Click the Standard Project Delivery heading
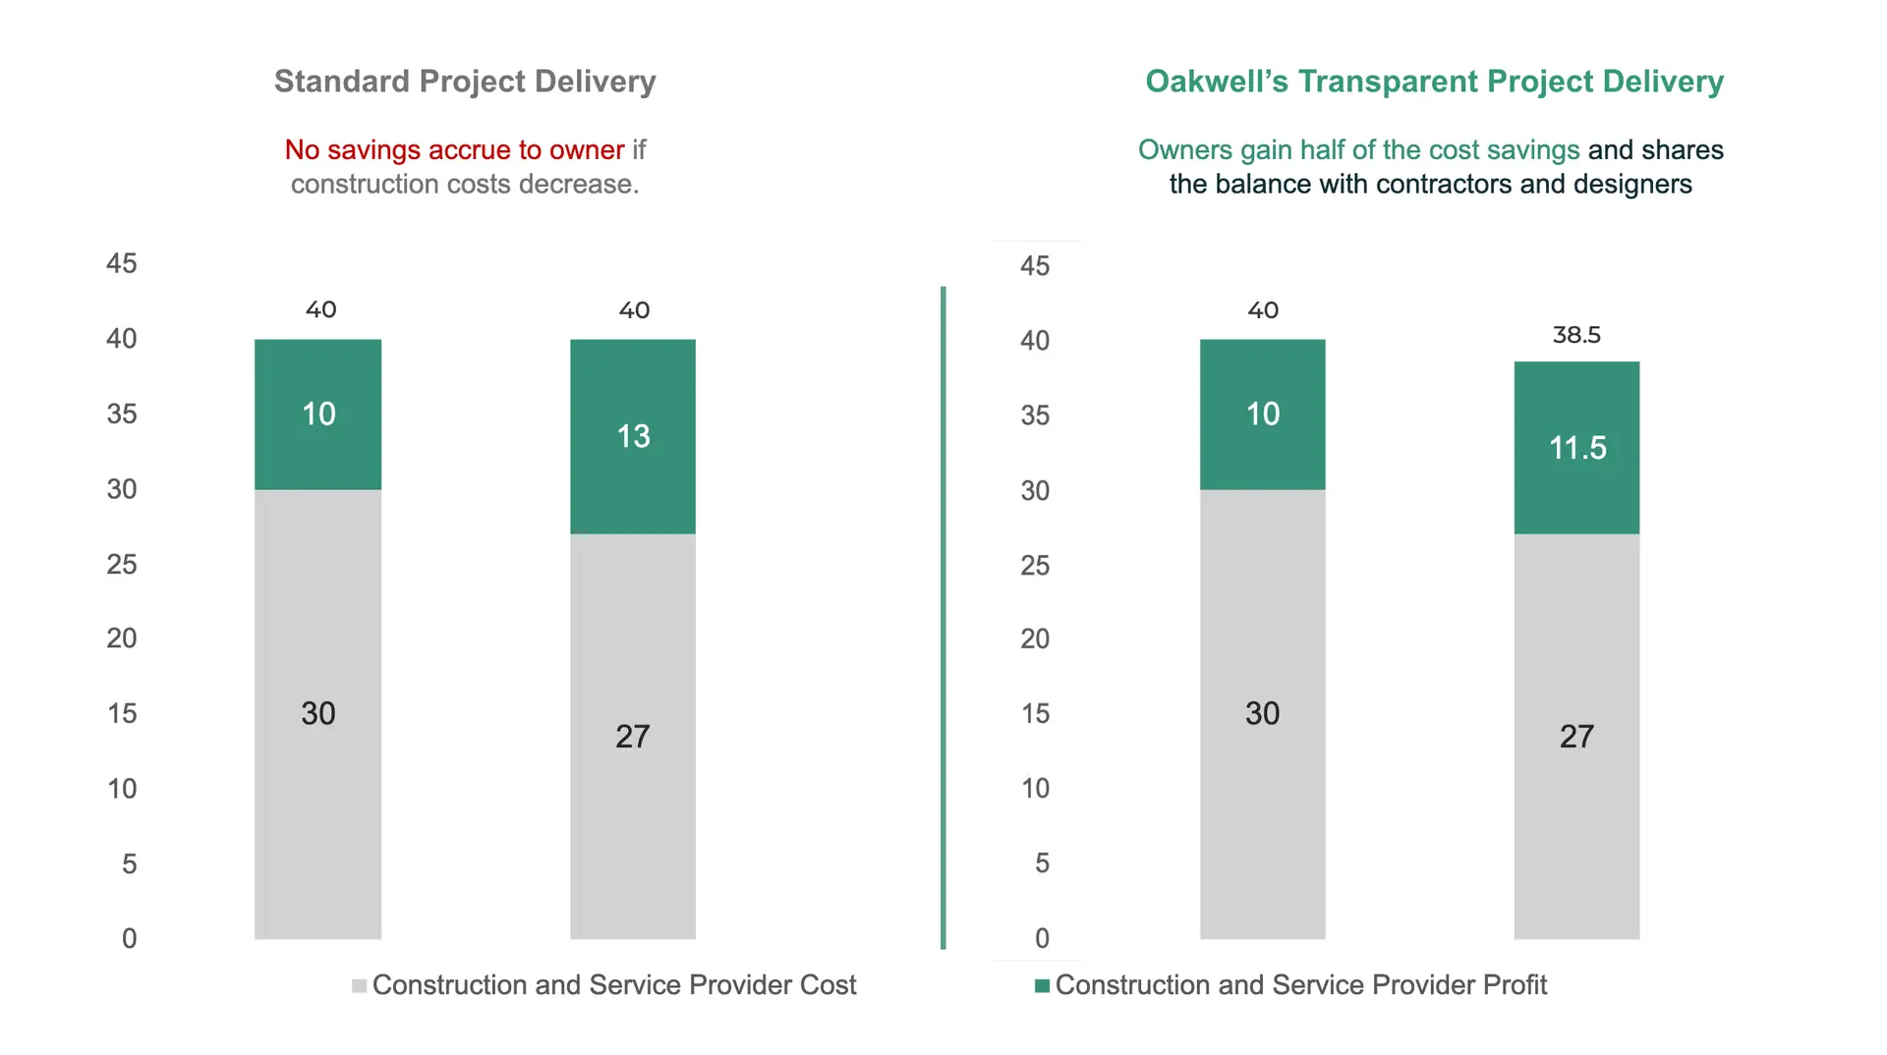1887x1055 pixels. (465, 82)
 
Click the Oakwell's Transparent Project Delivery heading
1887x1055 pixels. (1434, 82)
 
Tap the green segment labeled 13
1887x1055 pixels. (633, 436)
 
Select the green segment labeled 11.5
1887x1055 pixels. (1576, 448)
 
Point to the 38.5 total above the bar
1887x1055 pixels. (1576, 335)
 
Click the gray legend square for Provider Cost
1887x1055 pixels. (360, 985)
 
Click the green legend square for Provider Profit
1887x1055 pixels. (1042, 985)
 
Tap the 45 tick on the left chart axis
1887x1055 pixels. (122, 263)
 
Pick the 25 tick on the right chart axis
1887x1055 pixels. (1035, 566)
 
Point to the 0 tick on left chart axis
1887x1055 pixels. (129, 939)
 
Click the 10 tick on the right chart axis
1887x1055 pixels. (1035, 789)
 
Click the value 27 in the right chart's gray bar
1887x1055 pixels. (1576, 737)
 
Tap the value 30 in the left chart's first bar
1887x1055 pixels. (318, 713)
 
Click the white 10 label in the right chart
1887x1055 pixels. (1263, 415)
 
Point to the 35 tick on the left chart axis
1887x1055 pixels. (122, 414)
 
